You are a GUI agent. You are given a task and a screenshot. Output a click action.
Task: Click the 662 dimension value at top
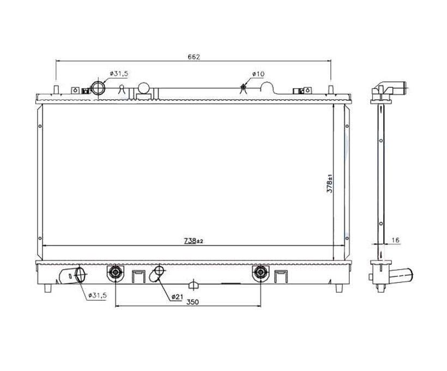click(x=194, y=57)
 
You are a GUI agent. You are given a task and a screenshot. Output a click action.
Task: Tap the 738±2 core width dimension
click(x=194, y=241)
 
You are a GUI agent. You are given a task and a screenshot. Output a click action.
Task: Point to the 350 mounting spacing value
click(x=193, y=302)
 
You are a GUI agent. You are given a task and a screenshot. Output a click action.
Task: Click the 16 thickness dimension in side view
click(x=395, y=240)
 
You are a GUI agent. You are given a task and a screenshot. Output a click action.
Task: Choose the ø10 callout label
click(x=258, y=74)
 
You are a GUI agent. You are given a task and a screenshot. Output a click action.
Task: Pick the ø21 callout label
click(x=177, y=297)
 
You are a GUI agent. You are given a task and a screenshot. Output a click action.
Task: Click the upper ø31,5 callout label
click(x=119, y=74)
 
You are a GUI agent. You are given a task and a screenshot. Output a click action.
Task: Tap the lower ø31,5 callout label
click(x=98, y=295)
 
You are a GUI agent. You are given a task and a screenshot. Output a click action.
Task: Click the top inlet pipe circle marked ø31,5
click(x=98, y=88)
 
